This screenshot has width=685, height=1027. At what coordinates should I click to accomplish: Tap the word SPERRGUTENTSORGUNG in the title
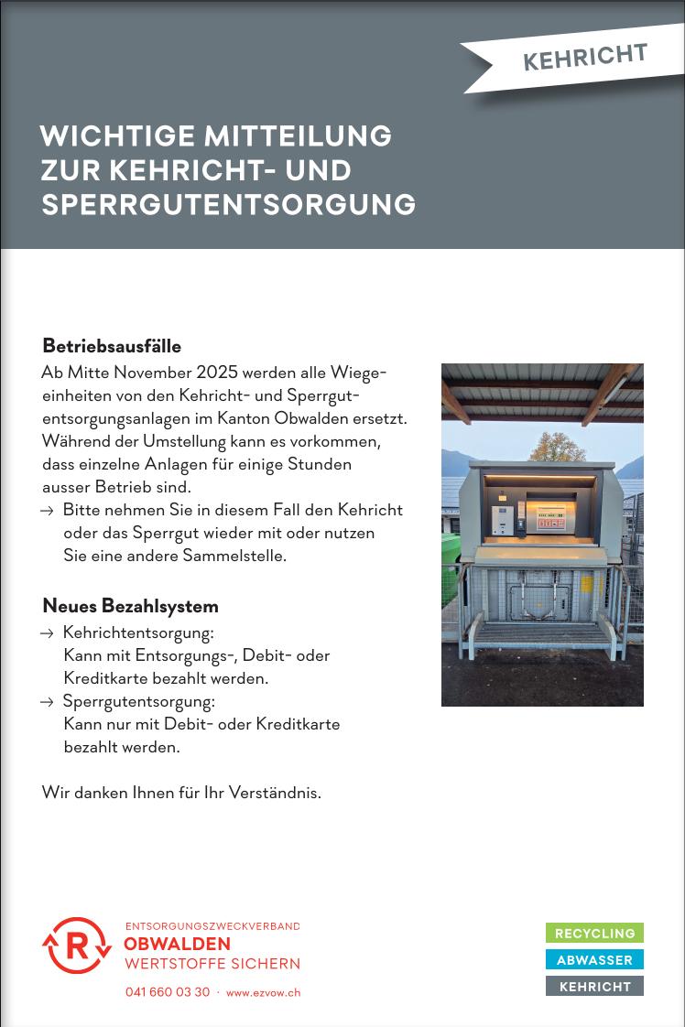tap(228, 204)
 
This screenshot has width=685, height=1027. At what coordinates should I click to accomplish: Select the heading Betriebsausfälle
tap(112, 346)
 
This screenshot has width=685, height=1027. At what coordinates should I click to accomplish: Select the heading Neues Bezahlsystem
tap(130, 606)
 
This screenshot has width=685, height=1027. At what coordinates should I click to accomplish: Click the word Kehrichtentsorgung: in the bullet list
tap(138, 632)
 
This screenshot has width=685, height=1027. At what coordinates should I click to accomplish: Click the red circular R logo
tap(77, 946)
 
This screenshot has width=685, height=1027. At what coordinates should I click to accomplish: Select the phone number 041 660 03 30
tap(168, 992)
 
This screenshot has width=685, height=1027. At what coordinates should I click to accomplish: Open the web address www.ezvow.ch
tap(263, 992)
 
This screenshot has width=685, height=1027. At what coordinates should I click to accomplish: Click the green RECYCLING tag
tap(594, 934)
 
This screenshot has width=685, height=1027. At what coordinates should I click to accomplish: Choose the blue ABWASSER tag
tap(594, 960)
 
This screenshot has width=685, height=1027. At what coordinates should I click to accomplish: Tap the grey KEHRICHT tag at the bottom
tap(594, 987)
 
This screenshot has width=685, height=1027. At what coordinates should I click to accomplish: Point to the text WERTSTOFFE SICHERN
tap(212, 963)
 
